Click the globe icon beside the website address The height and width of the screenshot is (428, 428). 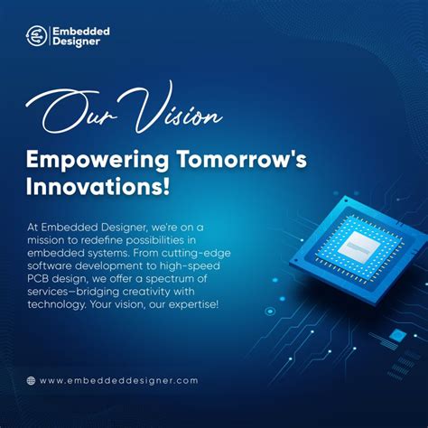tap(32, 380)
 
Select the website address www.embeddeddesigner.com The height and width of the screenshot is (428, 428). tap(118, 380)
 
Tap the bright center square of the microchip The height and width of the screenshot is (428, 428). tap(351, 246)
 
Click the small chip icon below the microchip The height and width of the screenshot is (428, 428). tap(397, 335)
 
